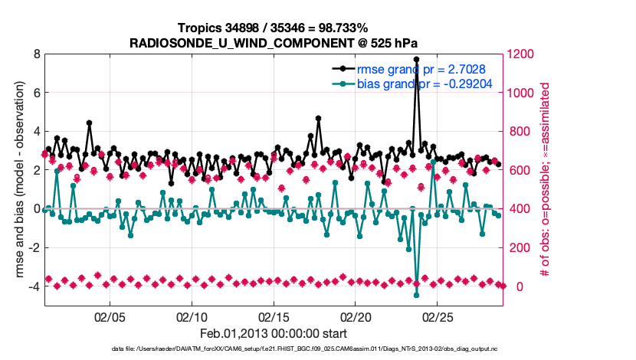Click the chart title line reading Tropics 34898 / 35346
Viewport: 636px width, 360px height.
(274, 28)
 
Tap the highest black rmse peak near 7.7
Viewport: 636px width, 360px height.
(416, 59)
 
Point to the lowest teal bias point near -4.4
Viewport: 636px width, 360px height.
(416, 295)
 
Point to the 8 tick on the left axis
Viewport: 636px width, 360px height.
(36, 54)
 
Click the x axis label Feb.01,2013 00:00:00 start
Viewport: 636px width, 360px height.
(274, 333)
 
